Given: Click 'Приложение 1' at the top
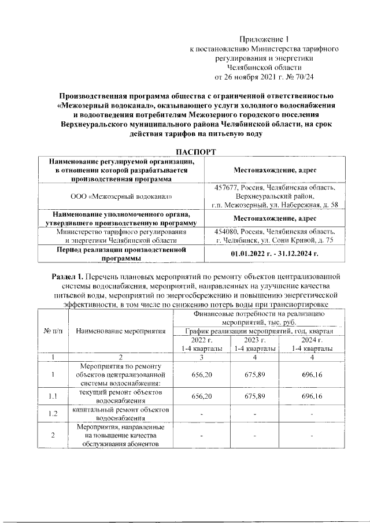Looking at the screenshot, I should click(x=264, y=39).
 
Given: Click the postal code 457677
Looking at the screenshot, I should click(x=225, y=188).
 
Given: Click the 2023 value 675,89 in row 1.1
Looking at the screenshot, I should click(x=254, y=396).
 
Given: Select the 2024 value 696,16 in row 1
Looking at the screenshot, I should click(x=312, y=374).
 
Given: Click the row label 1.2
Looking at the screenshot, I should click(x=53, y=414).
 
